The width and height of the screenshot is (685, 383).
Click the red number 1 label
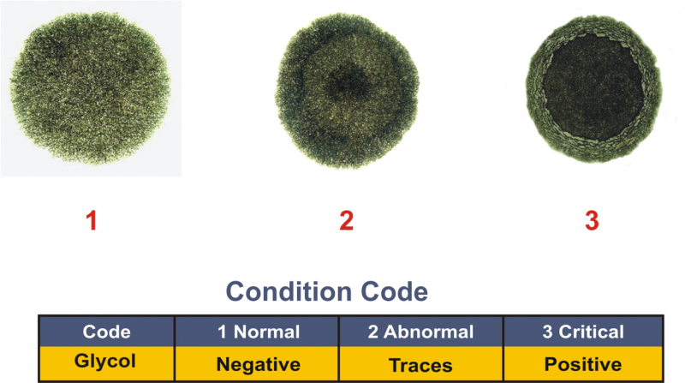click(x=92, y=220)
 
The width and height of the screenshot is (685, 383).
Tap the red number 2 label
click(x=347, y=220)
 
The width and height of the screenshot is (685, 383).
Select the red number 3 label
click(x=592, y=220)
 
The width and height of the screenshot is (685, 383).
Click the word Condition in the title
click(x=289, y=291)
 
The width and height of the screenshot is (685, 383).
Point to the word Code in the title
click(x=395, y=291)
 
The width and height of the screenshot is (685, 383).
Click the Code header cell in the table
click(x=106, y=332)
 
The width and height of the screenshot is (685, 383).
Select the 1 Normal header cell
click(x=257, y=332)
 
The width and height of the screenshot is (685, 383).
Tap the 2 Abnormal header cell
click(x=421, y=332)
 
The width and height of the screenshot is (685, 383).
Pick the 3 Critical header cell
click(x=583, y=332)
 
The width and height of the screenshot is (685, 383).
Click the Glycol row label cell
click(x=106, y=363)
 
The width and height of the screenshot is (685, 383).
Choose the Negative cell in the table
click(x=257, y=363)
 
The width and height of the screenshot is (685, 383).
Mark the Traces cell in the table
click(x=421, y=363)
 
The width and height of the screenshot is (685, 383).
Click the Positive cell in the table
click(x=583, y=363)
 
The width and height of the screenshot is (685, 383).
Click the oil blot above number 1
click(x=90, y=88)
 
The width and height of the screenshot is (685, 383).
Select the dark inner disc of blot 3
click(x=593, y=87)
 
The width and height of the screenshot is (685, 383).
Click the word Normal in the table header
click(x=266, y=332)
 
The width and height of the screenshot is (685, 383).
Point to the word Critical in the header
click(x=592, y=332)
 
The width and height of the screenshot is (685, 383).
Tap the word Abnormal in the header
click(x=429, y=332)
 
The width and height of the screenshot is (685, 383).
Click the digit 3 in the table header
click(x=548, y=332)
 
